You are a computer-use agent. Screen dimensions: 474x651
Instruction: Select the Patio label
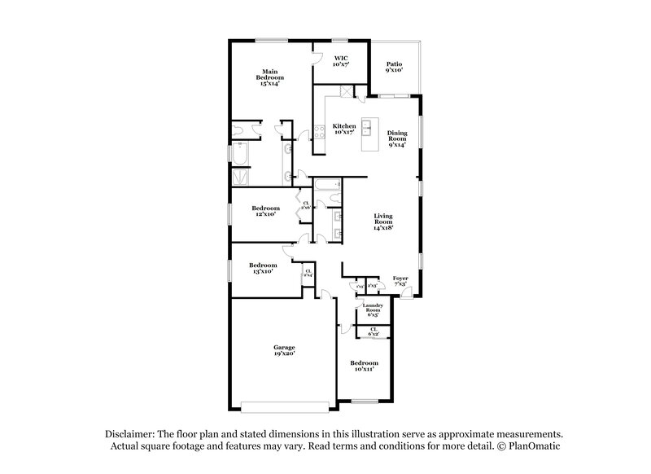tap(394, 67)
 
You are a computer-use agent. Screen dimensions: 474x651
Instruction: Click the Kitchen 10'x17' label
tap(344, 129)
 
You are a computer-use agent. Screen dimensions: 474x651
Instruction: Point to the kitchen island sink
tap(367, 127)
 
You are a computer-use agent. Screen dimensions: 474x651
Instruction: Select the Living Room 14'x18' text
tap(383, 222)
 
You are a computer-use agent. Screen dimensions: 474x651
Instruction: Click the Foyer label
tap(400, 282)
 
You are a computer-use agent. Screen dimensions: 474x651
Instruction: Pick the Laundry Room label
tap(372, 309)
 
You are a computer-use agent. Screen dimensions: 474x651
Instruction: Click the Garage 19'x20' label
tap(283, 351)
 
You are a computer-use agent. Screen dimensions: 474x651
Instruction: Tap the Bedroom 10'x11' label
tap(364, 366)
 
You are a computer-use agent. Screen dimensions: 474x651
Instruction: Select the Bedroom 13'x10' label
tap(262, 268)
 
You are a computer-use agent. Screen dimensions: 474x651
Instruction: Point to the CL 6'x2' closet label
tap(374, 332)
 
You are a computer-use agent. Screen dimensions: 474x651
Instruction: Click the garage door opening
tap(285, 405)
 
